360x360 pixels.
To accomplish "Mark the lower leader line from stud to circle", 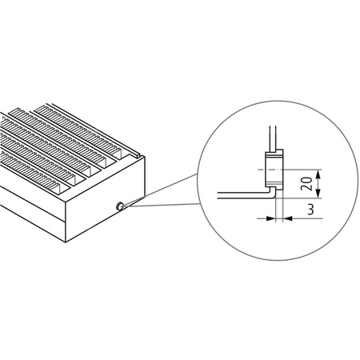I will point(160,205).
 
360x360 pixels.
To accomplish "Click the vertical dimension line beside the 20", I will point(318,183).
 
